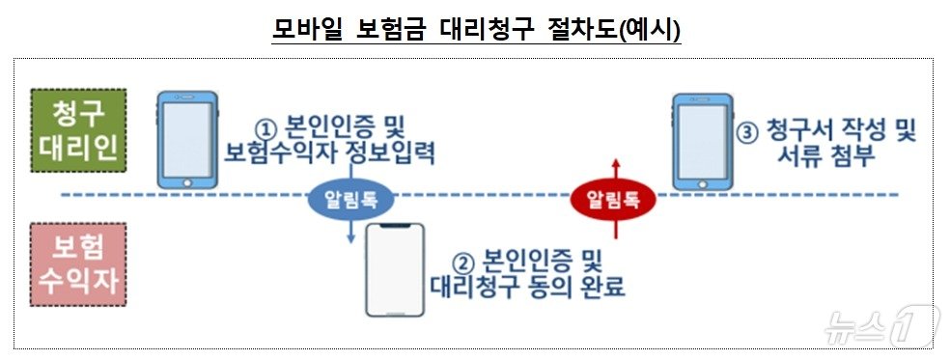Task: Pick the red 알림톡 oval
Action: pyautogui.click(x=613, y=200)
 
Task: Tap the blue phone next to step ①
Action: pyautogui.click(x=188, y=139)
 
